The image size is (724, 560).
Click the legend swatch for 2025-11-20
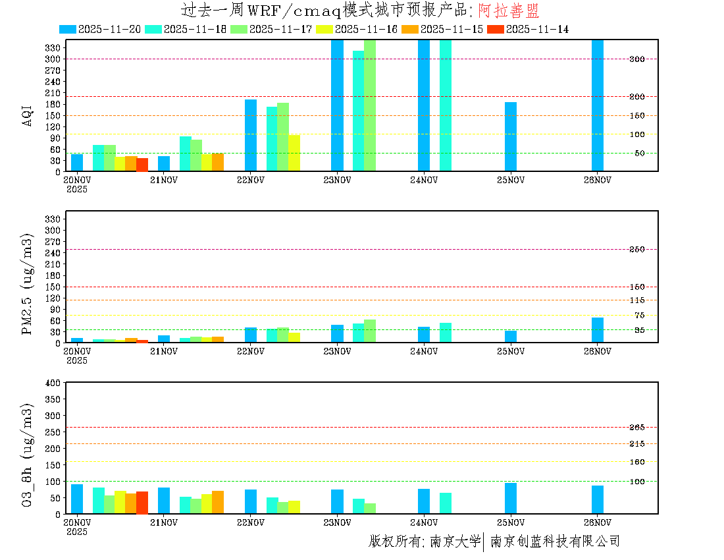pyautogui.click(x=68, y=29)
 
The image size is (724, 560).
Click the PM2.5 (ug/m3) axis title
pyautogui.click(x=28, y=283)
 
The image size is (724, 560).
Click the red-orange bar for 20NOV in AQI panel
pyautogui.click(x=142, y=165)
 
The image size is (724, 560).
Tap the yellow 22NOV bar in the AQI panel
pyautogui.click(x=294, y=153)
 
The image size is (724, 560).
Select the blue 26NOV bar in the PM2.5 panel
pyautogui.click(x=598, y=330)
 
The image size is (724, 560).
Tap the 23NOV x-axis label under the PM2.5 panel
pyautogui.click(x=337, y=351)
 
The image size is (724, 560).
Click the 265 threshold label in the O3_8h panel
pyautogui.click(x=636, y=428)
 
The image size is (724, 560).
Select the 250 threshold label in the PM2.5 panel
pyautogui.click(x=636, y=249)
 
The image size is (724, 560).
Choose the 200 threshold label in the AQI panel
pyautogui.click(x=636, y=97)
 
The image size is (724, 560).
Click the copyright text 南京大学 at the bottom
pyautogui.click(x=455, y=542)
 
